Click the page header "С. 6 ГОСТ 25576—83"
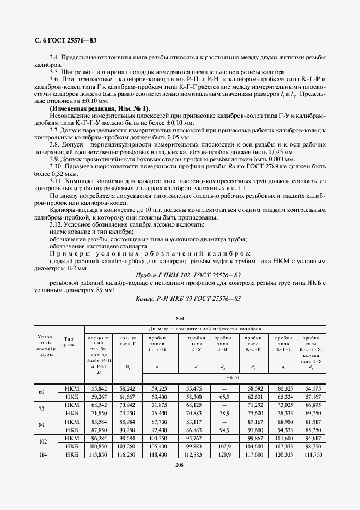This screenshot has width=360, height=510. coord(62,41)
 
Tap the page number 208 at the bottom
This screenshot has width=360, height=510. coord(180,465)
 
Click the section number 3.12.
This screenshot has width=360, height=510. coord(56,224)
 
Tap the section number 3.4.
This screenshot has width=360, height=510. coord(56,57)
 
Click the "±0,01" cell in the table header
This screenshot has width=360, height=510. coord(234,377)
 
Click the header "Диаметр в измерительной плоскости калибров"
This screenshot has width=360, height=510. coord(206,329)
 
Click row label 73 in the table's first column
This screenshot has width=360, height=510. coord(42,410)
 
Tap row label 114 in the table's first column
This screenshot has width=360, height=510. coord(42,455)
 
